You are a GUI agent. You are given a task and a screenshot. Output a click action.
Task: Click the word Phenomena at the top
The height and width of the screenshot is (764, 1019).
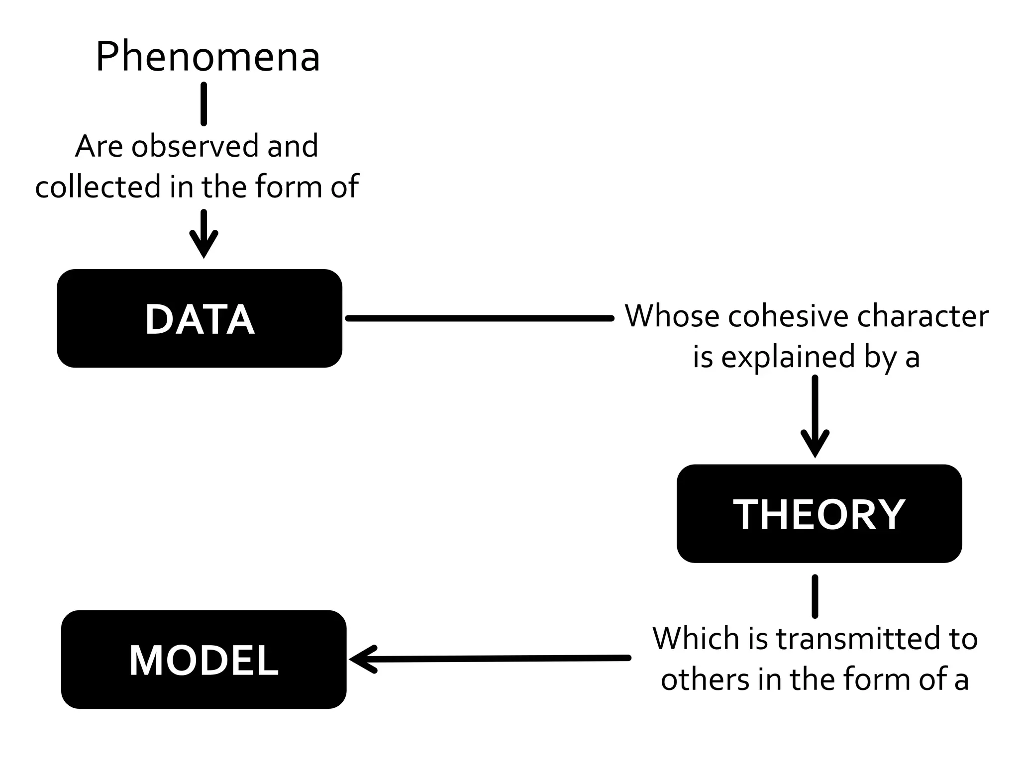pyautogui.click(x=207, y=57)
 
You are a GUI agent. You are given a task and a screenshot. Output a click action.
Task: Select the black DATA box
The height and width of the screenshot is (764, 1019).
pyautogui.click(x=200, y=318)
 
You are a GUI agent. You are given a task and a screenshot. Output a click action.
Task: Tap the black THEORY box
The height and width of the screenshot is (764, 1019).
pyautogui.click(x=819, y=514)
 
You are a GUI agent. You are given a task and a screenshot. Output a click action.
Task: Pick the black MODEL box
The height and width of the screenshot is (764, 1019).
pyautogui.click(x=204, y=660)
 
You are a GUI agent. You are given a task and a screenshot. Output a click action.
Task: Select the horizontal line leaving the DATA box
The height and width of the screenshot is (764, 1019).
pyautogui.click(x=480, y=318)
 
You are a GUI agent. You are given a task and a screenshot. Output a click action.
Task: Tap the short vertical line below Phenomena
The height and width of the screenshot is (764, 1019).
pyautogui.click(x=204, y=104)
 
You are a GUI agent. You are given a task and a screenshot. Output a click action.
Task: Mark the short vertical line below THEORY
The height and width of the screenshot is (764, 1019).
pyautogui.click(x=815, y=596)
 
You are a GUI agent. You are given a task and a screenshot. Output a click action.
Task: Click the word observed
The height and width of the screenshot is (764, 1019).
pyautogui.click(x=195, y=146)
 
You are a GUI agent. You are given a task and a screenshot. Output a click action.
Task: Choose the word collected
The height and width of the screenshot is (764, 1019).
pyautogui.click(x=98, y=187)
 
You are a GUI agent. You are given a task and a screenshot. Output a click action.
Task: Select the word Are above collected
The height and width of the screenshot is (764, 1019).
pyautogui.click(x=99, y=146)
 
